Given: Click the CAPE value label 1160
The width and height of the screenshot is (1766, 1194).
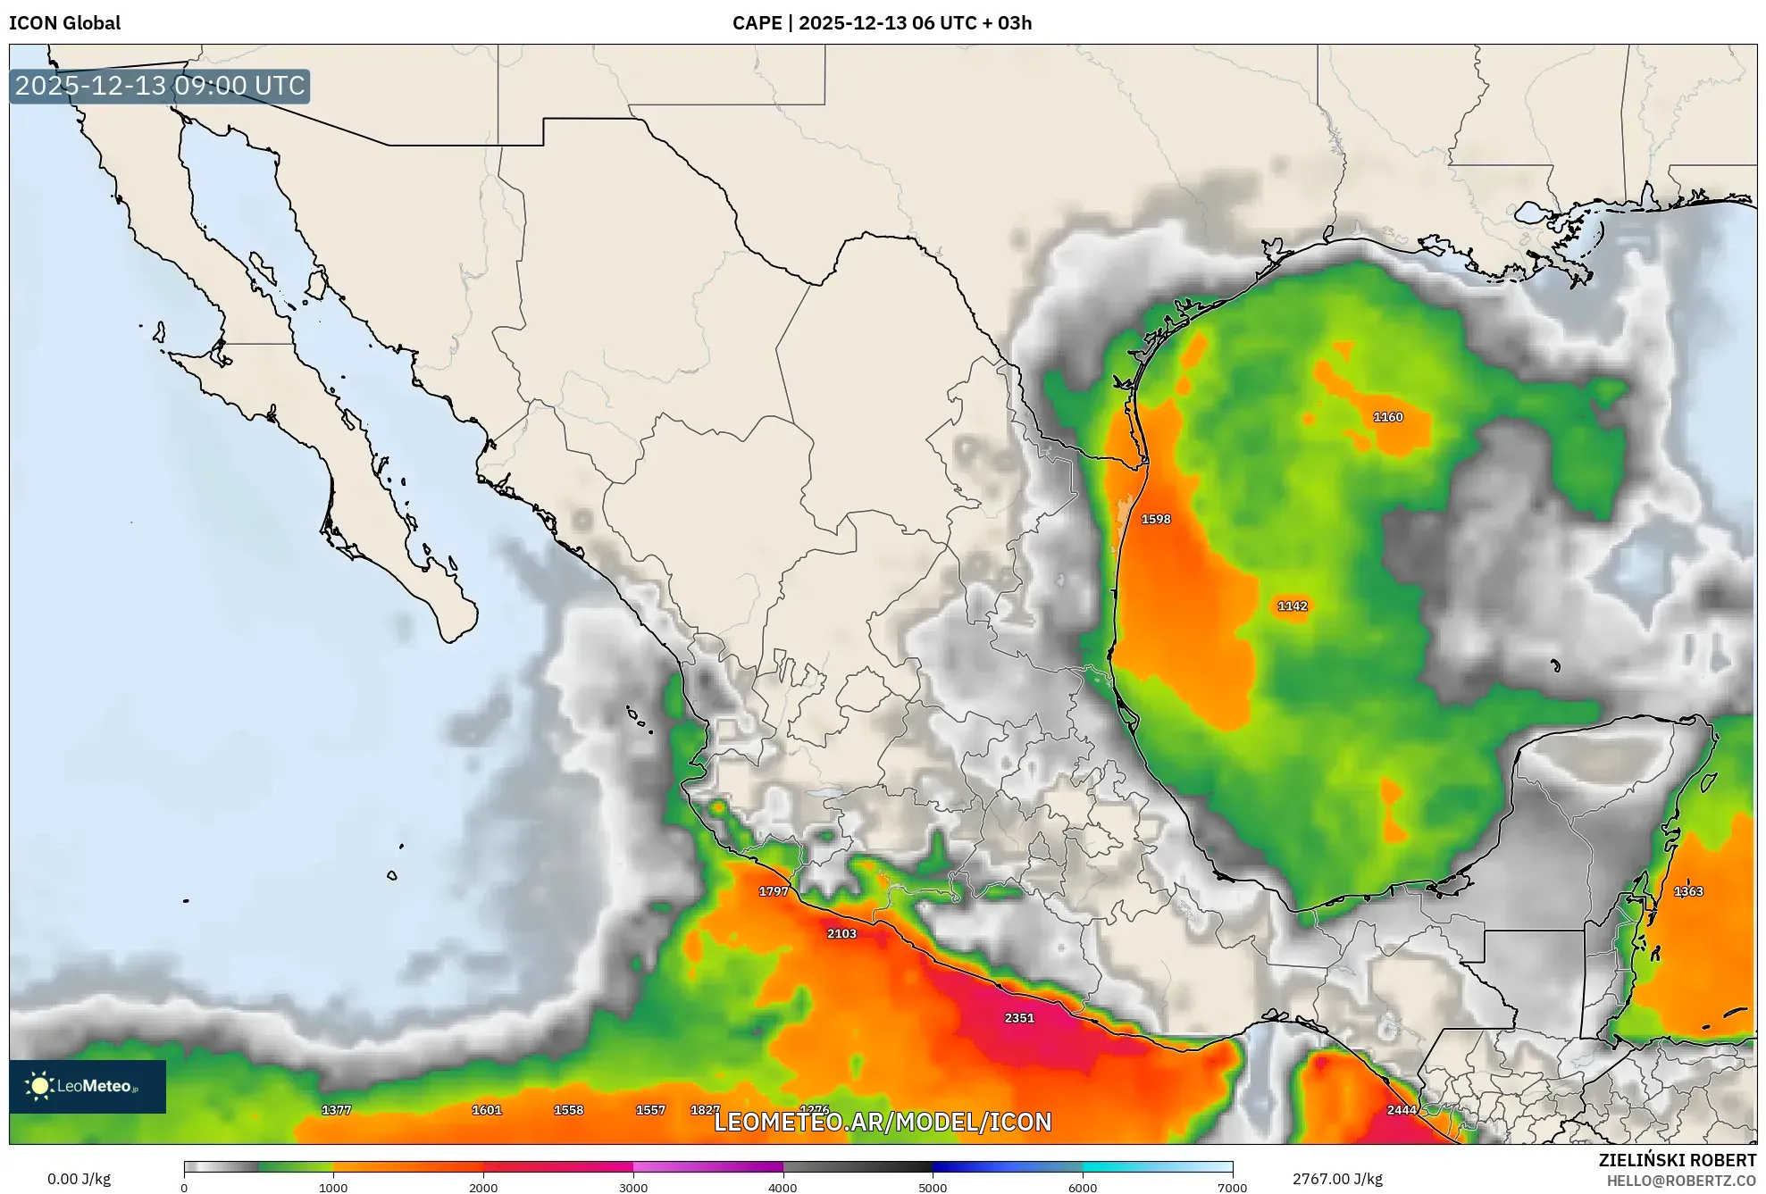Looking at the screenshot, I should click(x=1387, y=417).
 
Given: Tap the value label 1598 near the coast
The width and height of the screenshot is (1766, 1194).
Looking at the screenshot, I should click(x=1155, y=519).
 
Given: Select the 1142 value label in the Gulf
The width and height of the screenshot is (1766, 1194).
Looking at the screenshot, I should click(x=1292, y=605).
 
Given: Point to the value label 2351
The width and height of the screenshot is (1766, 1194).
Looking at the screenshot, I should click(x=1018, y=1018).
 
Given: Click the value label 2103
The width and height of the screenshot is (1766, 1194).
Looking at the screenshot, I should click(x=841, y=933).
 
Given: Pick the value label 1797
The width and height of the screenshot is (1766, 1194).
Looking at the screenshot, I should click(x=773, y=891).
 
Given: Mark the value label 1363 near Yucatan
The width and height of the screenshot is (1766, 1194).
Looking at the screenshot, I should click(x=1687, y=891).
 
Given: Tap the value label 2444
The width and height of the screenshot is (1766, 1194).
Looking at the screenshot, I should click(x=1401, y=1110).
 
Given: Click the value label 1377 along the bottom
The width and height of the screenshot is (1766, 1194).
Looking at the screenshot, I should click(x=336, y=1110).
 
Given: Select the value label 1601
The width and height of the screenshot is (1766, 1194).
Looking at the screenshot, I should click(x=486, y=1110).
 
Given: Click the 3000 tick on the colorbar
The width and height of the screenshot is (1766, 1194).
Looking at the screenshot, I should click(x=633, y=1187).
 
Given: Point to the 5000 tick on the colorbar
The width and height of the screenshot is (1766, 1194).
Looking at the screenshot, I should click(x=933, y=1187).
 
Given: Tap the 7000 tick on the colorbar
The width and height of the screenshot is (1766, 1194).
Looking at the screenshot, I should click(x=1232, y=1187).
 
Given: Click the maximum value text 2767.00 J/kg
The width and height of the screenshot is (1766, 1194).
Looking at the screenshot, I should click(x=1336, y=1179).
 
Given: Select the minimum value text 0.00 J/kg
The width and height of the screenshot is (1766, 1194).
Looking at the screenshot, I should click(x=79, y=1179).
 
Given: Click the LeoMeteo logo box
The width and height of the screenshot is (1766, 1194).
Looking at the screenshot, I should click(x=88, y=1086).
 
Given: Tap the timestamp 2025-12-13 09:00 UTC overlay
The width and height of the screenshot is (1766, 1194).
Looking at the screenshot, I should click(x=160, y=86).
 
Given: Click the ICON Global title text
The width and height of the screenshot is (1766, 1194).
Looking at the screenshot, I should click(x=64, y=23).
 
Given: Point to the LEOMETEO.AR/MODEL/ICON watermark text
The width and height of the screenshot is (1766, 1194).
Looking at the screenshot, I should click(x=883, y=1122).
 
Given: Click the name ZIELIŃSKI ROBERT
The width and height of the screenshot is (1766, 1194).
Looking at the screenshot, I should click(x=1677, y=1160).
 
